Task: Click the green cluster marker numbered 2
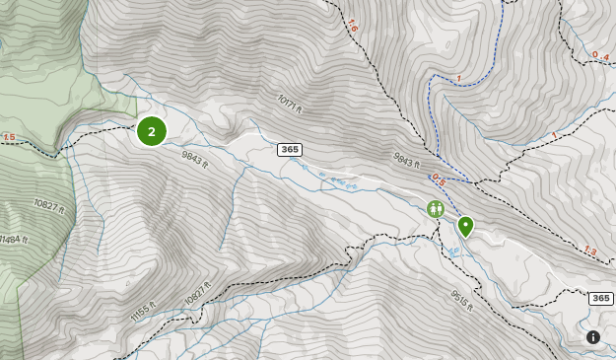pyautogui.click(x=151, y=130)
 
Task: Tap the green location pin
pyautogui.click(x=465, y=227)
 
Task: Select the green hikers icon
pyautogui.click(x=436, y=208)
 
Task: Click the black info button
pyautogui.click(x=593, y=337)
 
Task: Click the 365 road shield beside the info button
pyautogui.click(x=600, y=298)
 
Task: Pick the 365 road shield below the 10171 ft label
pyautogui.click(x=289, y=150)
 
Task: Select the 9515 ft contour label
pyautogui.click(x=463, y=301)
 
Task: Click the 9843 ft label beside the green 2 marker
pyautogui.click(x=195, y=160)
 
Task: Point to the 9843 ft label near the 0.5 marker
pyautogui.click(x=406, y=160)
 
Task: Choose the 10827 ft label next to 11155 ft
pyautogui.click(x=197, y=290)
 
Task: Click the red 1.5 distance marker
pyautogui.click(x=9, y=137)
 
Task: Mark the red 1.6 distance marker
pyautogui.click(x=353, y=26)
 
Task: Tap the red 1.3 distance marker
pyautogui.click(x=589, y=251)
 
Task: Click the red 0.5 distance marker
pyautogui.click(x=439, y=180)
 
